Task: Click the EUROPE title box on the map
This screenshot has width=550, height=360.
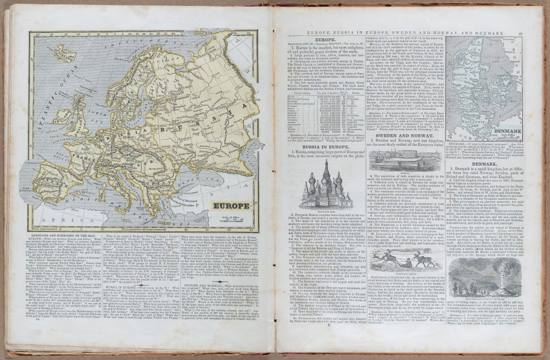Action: pyautogui.click(x=231, y=205)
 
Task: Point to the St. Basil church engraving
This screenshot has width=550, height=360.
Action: pyautogui.click(x=326, y=187)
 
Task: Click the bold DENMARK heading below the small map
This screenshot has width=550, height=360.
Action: pyautogui.click(x=484, y=163)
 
